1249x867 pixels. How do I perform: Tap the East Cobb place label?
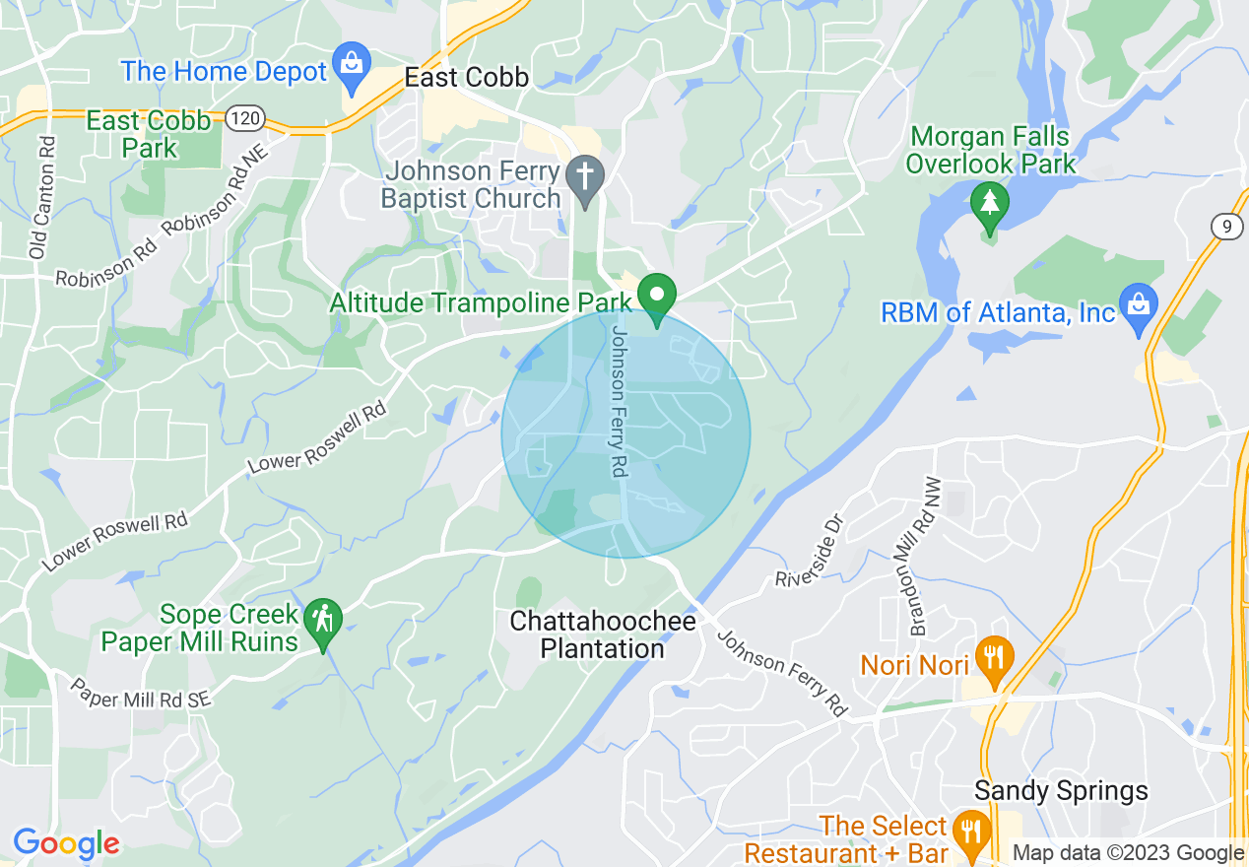(467, 78)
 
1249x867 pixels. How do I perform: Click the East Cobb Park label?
(149, 134)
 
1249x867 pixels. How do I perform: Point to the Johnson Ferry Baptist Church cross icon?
(585, 179)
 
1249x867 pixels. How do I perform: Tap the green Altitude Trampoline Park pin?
(656, 297)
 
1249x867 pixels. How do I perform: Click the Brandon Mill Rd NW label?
(926, 557)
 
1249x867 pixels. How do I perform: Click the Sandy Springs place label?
(1061, 790)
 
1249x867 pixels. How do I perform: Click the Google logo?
(66, 843)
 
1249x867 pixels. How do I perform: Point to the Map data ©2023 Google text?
(1128, 852)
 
